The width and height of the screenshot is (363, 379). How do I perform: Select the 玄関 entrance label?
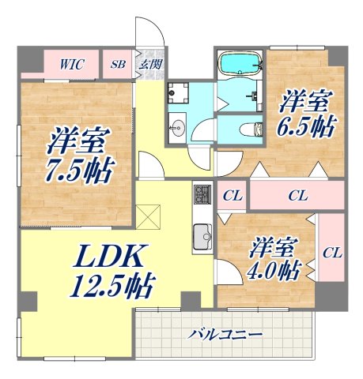pos(148,64)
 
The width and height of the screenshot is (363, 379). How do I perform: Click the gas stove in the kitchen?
pos(202,193)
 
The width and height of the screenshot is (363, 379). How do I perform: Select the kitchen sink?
pos(202,235)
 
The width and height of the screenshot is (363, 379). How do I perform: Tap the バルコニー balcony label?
pos(225,335)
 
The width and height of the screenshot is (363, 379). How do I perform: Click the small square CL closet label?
pos(232,194)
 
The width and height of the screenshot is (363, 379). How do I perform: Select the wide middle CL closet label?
pos(297,194)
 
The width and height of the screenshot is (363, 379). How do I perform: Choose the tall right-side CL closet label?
pos(331,253)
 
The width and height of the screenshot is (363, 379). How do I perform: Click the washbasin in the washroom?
pos(176,128)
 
